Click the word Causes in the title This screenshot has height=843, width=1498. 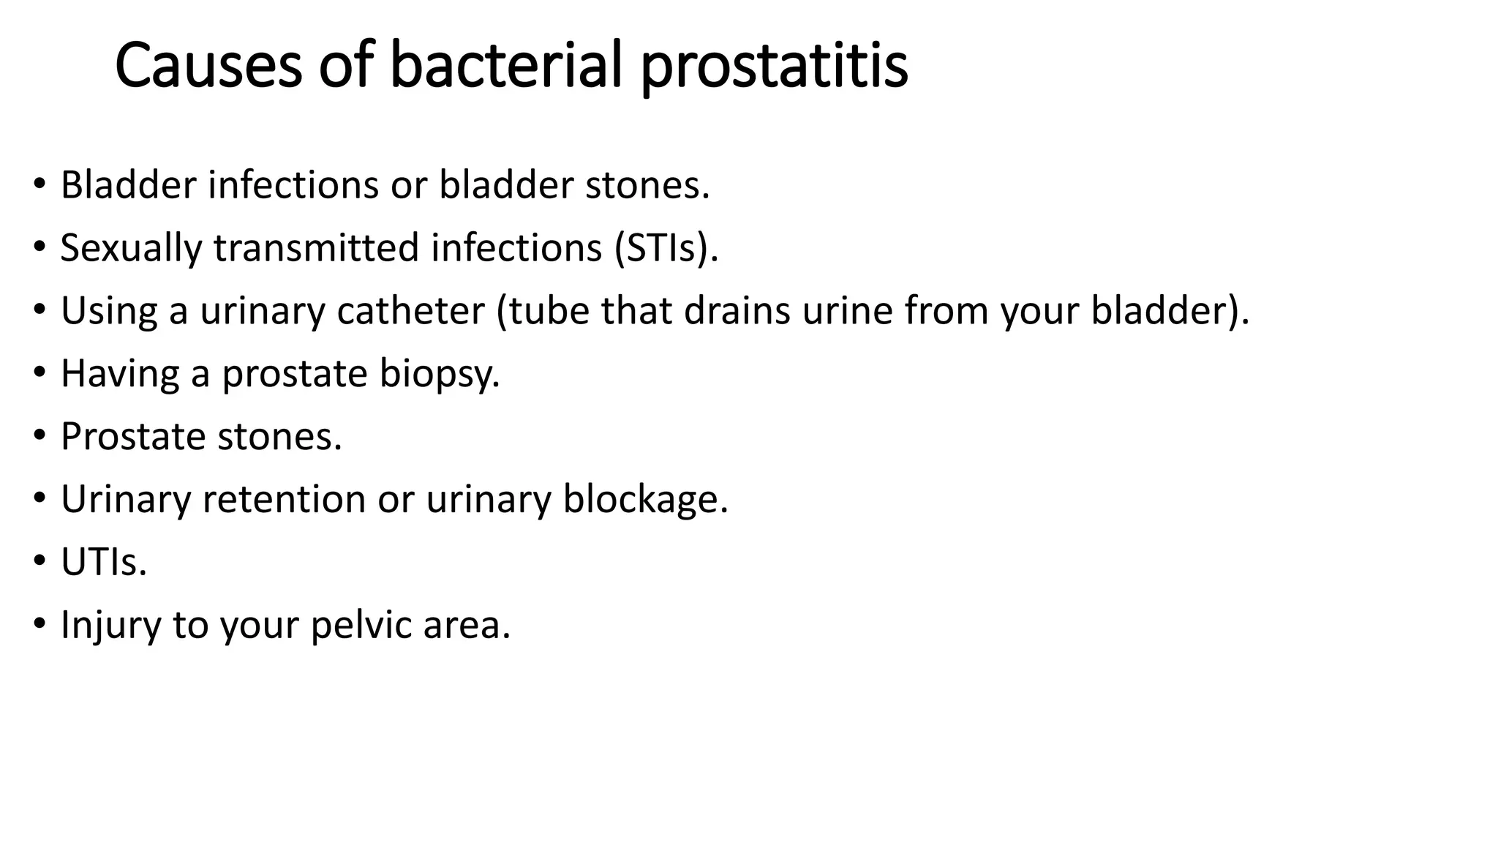click(x=208, y=66)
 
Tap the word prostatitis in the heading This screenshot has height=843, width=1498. click(x=775, y=66)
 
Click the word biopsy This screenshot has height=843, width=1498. click(x=439, y=374)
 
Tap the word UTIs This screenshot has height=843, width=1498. click(x=104, y=563)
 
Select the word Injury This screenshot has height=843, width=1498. click(x=110, y=626)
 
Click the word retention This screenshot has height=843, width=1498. click(x=284, y=500)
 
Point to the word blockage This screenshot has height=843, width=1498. click(x=645, y=500)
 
